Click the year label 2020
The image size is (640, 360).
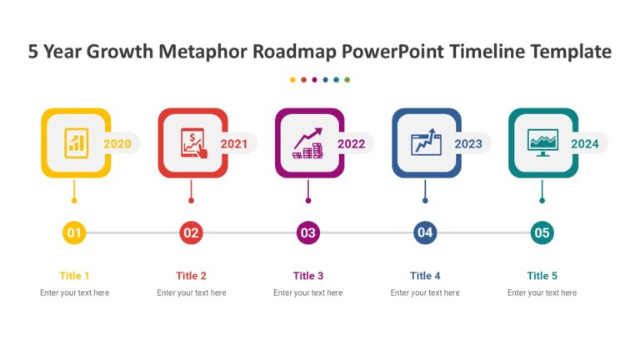pos(117,144)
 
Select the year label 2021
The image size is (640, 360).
pos(234,144)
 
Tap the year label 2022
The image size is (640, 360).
pos(352,144)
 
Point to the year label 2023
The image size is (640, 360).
pos(468,144)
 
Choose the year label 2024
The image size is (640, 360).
pos(585,144)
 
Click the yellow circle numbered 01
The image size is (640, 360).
pos(74,232)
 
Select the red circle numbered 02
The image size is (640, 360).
pos(191,232)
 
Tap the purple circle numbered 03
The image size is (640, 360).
pos(308,232)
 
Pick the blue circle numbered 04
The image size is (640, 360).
pos(425,232)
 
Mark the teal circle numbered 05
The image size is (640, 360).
pos(542,232)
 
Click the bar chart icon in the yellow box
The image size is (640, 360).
pos(76,142)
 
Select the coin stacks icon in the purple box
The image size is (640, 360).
pos(308,143)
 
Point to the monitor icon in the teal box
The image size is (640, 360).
pos(542,142)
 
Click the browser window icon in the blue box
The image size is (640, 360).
pos(426,142)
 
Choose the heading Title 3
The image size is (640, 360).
pos(308,276)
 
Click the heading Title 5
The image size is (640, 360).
pos(542,276)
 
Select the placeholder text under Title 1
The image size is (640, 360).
pos(74,292)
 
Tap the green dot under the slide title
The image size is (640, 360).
pos(347,80)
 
